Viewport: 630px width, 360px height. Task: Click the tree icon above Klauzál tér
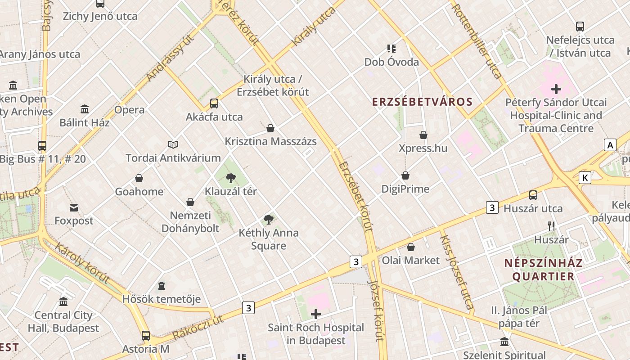click(231, 178)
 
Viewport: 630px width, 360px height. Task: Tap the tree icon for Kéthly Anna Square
click(269, 220)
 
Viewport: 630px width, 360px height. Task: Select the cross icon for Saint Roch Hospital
click(316, 314)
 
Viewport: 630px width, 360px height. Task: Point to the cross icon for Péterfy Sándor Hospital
click(556, 89)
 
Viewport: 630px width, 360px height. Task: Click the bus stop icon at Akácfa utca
click(214, 103)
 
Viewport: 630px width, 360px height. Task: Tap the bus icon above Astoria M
click(146, 335)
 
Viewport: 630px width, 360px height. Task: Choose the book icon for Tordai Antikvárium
click(173, 144)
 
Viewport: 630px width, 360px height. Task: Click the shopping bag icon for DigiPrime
click(405, 175)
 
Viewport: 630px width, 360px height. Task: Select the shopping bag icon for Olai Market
click(410, 247)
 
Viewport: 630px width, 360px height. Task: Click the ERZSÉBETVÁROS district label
click(423, 102)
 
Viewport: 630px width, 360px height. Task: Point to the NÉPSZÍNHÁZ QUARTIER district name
click(543, 270)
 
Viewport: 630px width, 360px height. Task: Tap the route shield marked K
click(585, 177)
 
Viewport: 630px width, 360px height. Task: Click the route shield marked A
click(610, 145)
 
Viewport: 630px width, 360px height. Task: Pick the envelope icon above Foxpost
click(74, 207)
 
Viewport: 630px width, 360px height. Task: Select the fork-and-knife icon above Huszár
click(551, 226)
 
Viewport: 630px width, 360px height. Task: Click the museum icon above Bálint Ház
click(85, 109)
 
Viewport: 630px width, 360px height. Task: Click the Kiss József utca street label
click(456, 273)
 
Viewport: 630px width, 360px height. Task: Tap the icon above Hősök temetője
click(162, 286)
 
